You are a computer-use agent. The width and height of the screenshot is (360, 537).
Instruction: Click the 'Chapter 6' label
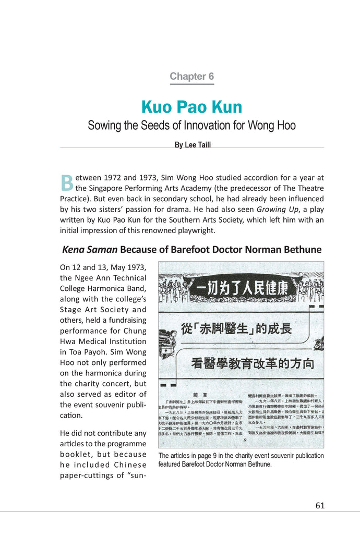[191, 76]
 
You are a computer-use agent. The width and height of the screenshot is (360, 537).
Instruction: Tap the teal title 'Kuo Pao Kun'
[191, 107]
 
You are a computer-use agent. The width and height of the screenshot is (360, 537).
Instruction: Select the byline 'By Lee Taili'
[193, 145]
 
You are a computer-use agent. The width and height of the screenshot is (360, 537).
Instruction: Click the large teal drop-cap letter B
[67, 183]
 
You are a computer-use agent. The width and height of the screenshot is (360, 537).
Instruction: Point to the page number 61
[320, 505]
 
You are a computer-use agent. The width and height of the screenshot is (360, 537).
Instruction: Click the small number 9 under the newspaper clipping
[245, 438]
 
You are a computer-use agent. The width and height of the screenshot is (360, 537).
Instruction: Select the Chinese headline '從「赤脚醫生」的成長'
[236, 329]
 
